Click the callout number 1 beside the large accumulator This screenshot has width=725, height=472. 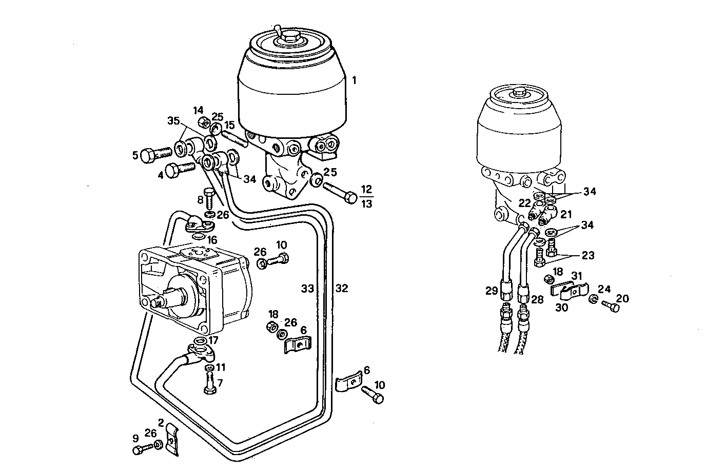tap(354, 80)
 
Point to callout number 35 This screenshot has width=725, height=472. tap(174, 121)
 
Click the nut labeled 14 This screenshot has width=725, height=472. tap(203, 121)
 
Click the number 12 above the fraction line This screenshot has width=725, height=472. tap(366, 189)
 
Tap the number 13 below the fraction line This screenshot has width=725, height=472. tap(366, 204)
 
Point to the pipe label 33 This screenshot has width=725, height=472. tap(307, 289)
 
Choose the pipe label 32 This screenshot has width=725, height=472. tap(342, 289)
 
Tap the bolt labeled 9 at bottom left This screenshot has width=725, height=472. tap(141, 449)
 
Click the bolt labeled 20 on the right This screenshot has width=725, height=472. tap(611, 306)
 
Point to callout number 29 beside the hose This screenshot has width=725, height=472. tap(492, 291)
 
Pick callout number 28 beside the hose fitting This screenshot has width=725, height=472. tap(537, 299)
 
